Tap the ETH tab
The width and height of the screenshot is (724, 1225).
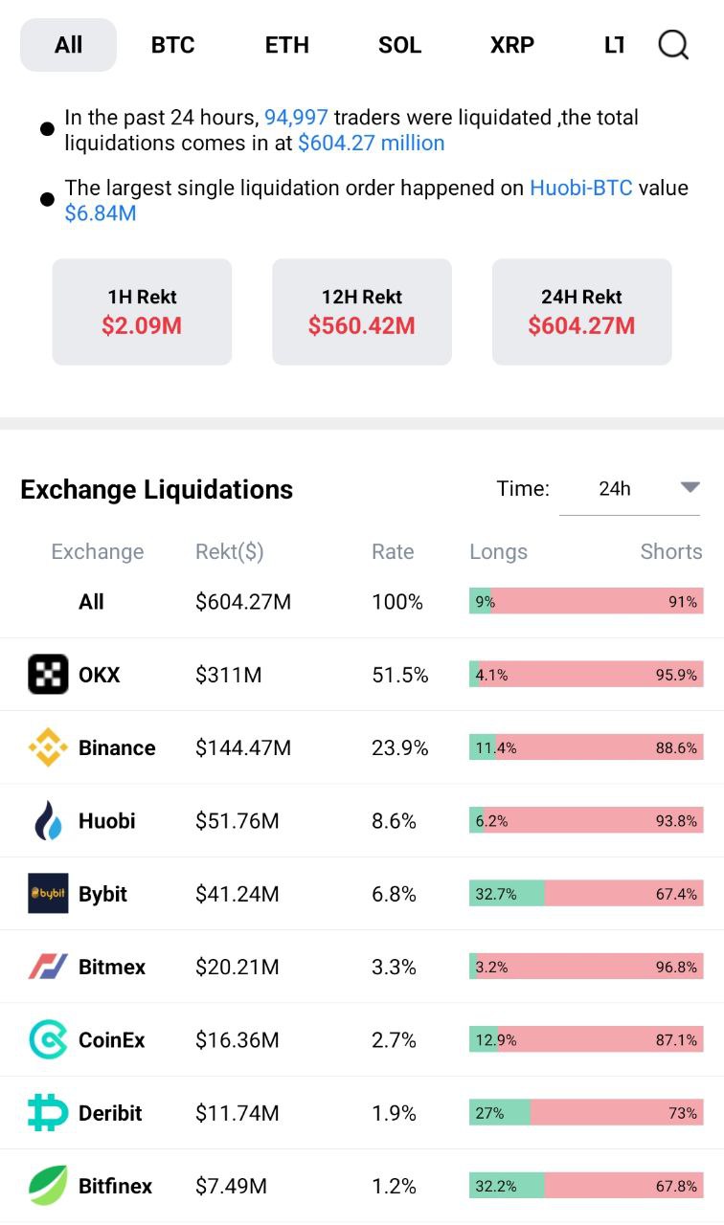286,45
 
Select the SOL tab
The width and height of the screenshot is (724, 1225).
399,45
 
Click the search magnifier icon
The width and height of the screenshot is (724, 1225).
673,44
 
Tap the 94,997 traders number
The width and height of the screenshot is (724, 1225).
296,118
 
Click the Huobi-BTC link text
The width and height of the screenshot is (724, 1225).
580,188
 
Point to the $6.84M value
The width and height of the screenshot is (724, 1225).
101,213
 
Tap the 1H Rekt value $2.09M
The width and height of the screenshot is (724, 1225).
142,326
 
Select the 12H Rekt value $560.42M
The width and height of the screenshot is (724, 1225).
362,326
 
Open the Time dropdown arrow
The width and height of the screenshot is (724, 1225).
690,487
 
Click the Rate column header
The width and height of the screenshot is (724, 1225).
393,551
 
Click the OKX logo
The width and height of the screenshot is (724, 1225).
48,674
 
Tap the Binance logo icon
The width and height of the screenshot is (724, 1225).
48,747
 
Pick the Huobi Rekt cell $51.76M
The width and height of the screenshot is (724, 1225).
237,820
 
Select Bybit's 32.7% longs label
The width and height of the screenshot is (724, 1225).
496,894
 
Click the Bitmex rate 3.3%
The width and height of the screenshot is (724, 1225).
394,967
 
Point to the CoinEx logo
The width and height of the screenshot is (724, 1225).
48,1039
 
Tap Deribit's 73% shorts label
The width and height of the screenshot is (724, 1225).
683,1112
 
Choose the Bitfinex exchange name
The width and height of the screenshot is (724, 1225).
115,1186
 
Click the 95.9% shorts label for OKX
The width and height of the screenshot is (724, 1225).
676,675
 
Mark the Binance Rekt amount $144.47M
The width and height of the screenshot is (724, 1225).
243,747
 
